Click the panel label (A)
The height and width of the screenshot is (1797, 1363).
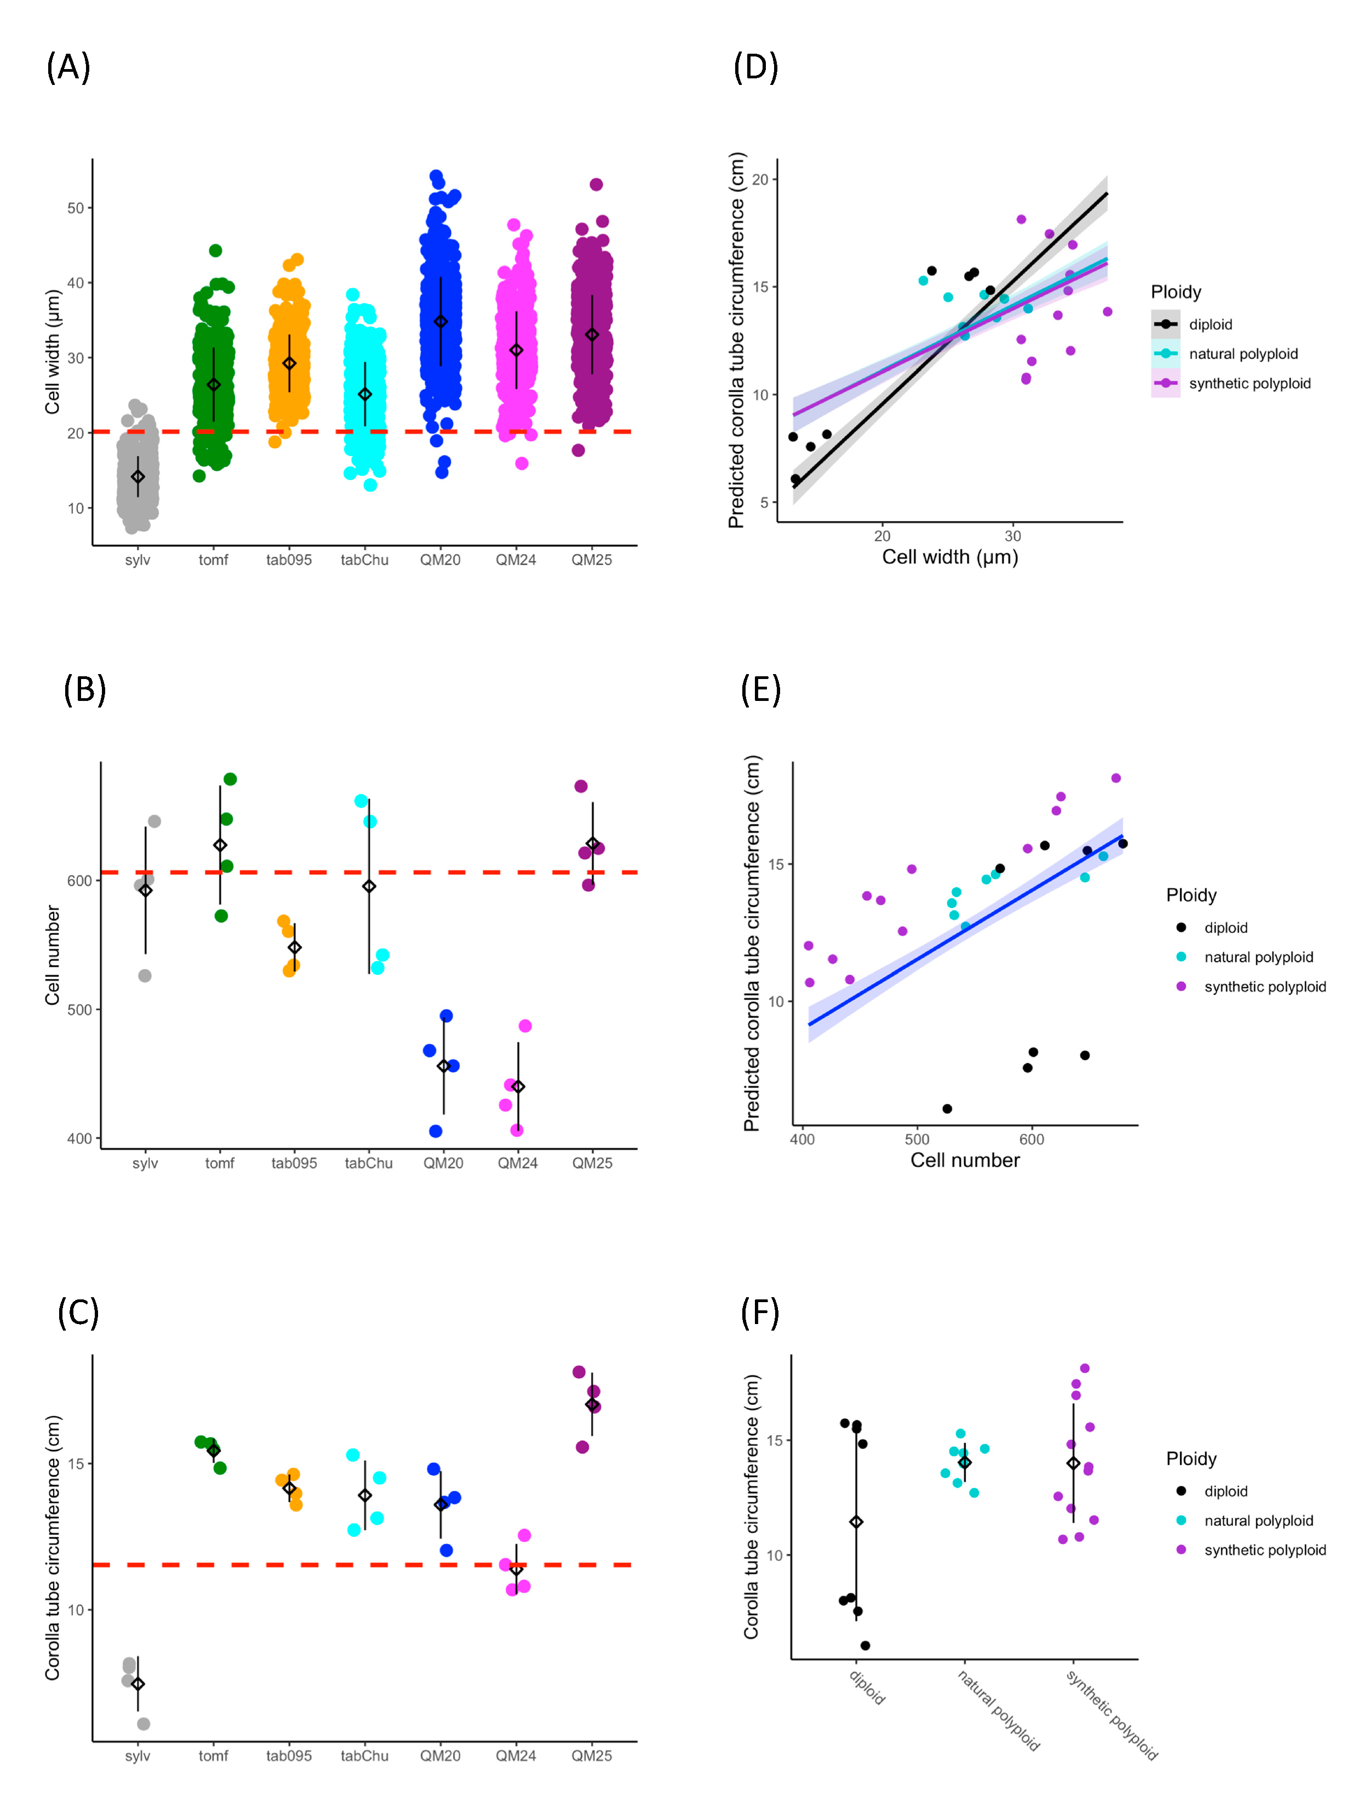pos(68,67)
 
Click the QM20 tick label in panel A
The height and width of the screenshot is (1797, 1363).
pos(440,560)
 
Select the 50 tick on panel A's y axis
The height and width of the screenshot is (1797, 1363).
pos(76,208)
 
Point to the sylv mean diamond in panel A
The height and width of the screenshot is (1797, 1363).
pos(138,477)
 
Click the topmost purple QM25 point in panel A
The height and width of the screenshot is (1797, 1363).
pos(596,184)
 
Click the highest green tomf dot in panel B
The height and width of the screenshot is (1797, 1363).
pos(230,779)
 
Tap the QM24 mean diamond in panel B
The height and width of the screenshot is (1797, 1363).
pos(518,1087)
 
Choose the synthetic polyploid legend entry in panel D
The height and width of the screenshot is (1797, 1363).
pos(1249,384)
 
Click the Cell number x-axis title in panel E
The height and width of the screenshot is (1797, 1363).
pos(964,1160)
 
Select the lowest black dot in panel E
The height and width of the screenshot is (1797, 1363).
pos(947,1109)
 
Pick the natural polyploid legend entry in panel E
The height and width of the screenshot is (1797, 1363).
pos(1258,957)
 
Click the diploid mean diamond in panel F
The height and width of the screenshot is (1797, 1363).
pos(856,1521)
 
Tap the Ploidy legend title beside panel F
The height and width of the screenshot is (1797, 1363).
pos(1191,1458)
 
